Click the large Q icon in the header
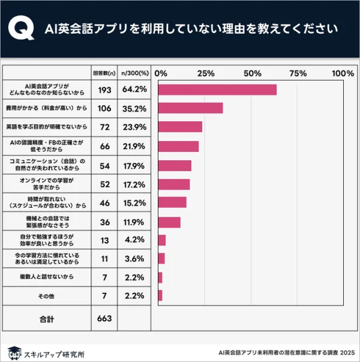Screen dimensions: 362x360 tap(22, 28)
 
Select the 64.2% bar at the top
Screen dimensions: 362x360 tap(217, 89)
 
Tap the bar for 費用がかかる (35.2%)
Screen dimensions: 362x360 tap(190, 108)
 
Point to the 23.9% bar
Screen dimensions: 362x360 tap(180, 127)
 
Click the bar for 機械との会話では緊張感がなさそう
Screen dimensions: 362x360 tap(169, 222)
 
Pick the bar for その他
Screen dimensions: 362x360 tap(160, 295)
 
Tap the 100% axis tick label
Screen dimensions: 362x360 tap(343, 73)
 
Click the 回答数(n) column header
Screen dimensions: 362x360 tap(104, 73)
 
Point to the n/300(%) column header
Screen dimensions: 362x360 tap(134, 73)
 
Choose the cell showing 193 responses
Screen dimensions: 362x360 tap(105, 89)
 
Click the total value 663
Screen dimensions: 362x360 tap(105, 319)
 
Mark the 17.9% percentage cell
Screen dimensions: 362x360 tap(134, 165)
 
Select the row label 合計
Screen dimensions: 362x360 tap(47, 319)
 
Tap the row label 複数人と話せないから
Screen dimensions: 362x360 tap(46, 277)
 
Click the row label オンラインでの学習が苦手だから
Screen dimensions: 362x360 tap(46, 184)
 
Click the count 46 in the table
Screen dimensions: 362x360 tap(105, 203)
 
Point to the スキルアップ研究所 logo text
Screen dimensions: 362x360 tap(54, 354)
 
